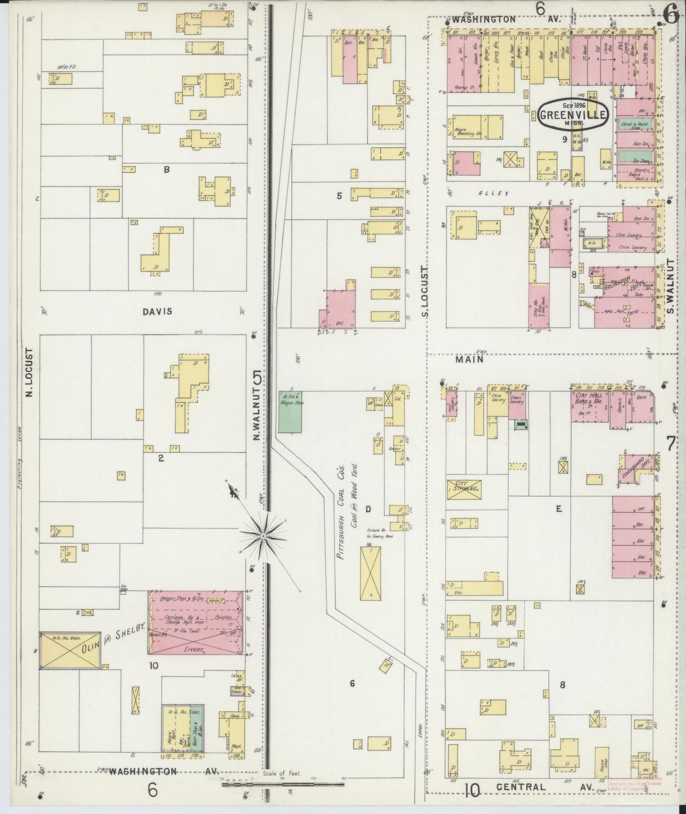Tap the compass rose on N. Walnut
coord(263,535)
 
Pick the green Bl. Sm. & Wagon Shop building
coord(290,412)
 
